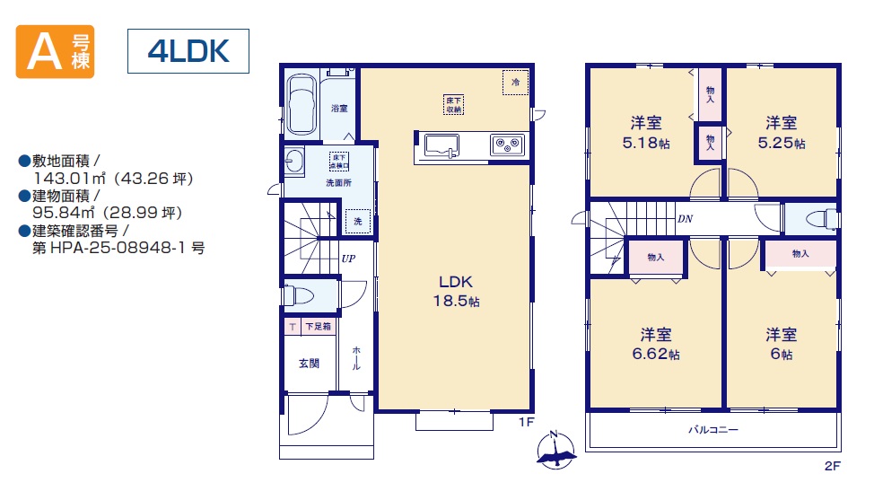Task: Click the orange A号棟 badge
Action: click(55, 51)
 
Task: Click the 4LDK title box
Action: click(188, 51)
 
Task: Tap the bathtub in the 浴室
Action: click(302, 104)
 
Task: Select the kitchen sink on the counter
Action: click(441, 145)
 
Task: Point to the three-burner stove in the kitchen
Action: click(507, 145)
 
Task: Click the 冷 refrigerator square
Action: click(515, 82)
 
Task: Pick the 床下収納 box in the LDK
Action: click(454, 105)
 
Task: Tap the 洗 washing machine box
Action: click(357, 222)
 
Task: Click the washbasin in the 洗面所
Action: click(294, 162)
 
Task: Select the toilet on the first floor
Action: click(297, 294)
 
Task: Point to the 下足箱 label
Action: click(318, 327)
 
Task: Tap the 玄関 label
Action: click(309, 364)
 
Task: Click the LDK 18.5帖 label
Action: click(456, 291)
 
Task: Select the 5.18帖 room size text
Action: click(646, 143)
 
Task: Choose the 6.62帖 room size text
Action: click(655, 354)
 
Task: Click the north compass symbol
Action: click(555, 449)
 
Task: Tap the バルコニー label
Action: click(712, 430)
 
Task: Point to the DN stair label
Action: click(685, 219)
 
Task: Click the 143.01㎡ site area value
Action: click(70, 179)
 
